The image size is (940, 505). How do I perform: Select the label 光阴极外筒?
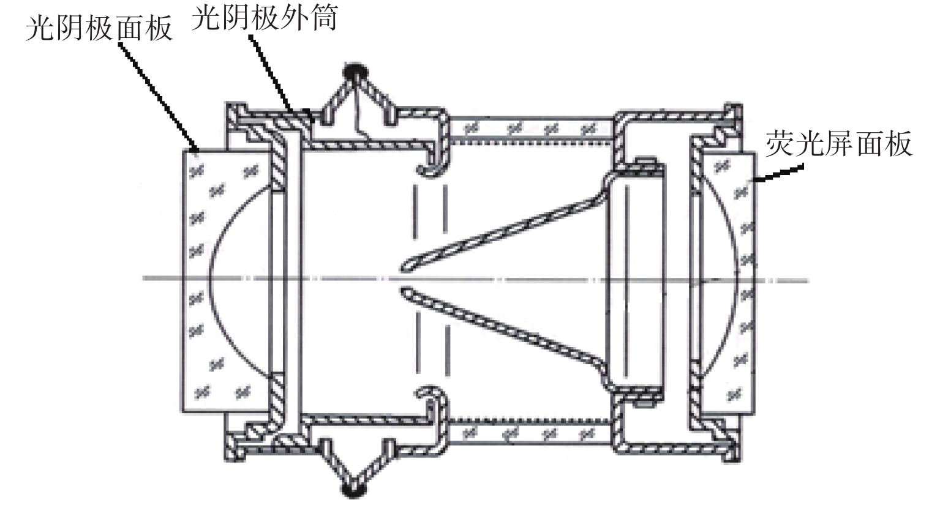point(264,18)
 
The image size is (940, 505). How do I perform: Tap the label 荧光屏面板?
point(838,144)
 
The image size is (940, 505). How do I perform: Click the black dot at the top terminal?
point(353,72)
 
